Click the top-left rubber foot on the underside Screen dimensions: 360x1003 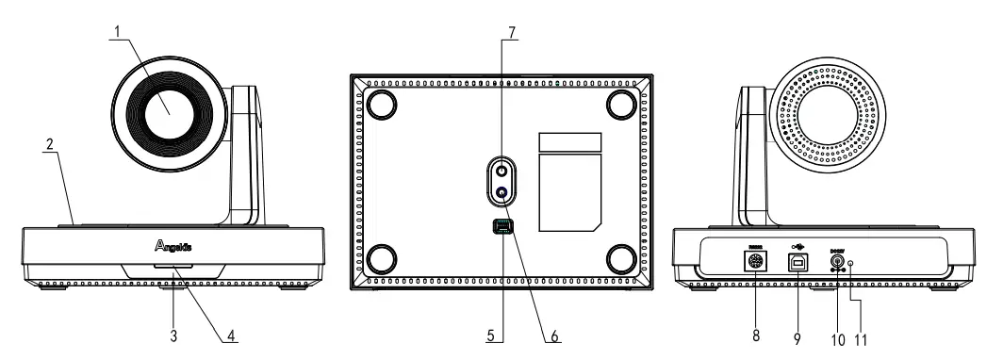tap(383, 104)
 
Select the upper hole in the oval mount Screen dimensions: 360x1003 tap(501, 172)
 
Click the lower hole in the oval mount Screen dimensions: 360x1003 tap(501, 193)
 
